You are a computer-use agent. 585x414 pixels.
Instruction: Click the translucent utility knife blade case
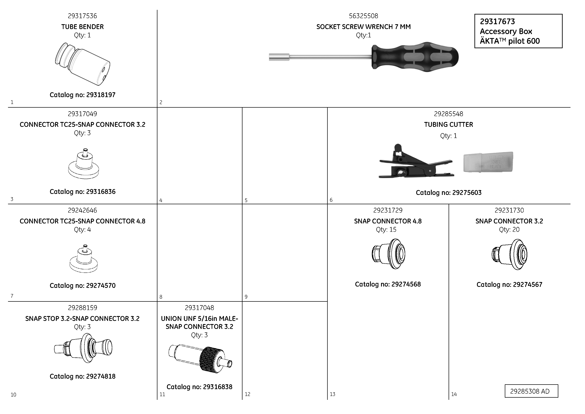pos(488,162)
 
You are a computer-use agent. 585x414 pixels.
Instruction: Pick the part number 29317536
pos(82,16)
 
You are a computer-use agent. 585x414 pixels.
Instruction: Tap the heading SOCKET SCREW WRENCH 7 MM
pos(363,27)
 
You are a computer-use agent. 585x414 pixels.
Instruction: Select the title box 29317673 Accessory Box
pos(518,31)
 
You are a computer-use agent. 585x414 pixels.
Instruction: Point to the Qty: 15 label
pos(386,229)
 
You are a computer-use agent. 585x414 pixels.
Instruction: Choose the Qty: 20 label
pos(509,229)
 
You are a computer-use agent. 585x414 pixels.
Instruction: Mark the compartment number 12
pos(247,394)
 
